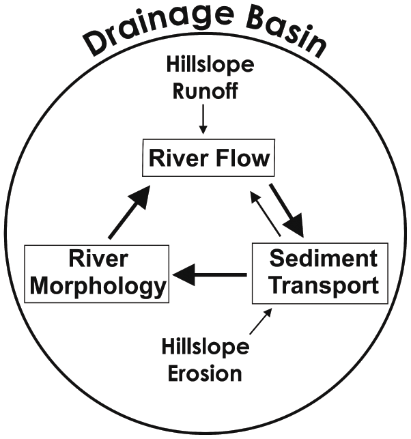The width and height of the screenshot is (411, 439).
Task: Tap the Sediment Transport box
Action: tap(321, 272)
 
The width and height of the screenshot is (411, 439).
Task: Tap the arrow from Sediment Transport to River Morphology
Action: tap(209, 275)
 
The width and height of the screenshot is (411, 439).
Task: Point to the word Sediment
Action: tap(323, 259)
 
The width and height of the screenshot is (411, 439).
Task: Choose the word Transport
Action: tap(323, 285)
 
